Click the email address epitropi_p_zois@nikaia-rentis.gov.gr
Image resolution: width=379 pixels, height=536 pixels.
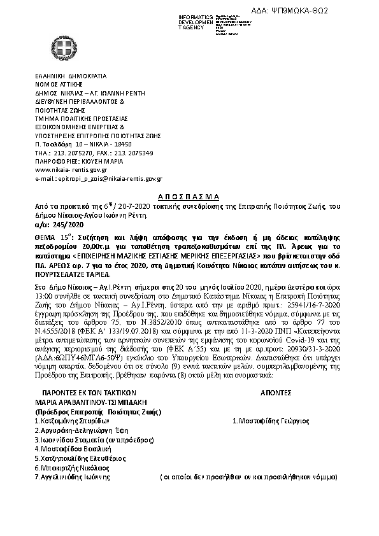(99, 180)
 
